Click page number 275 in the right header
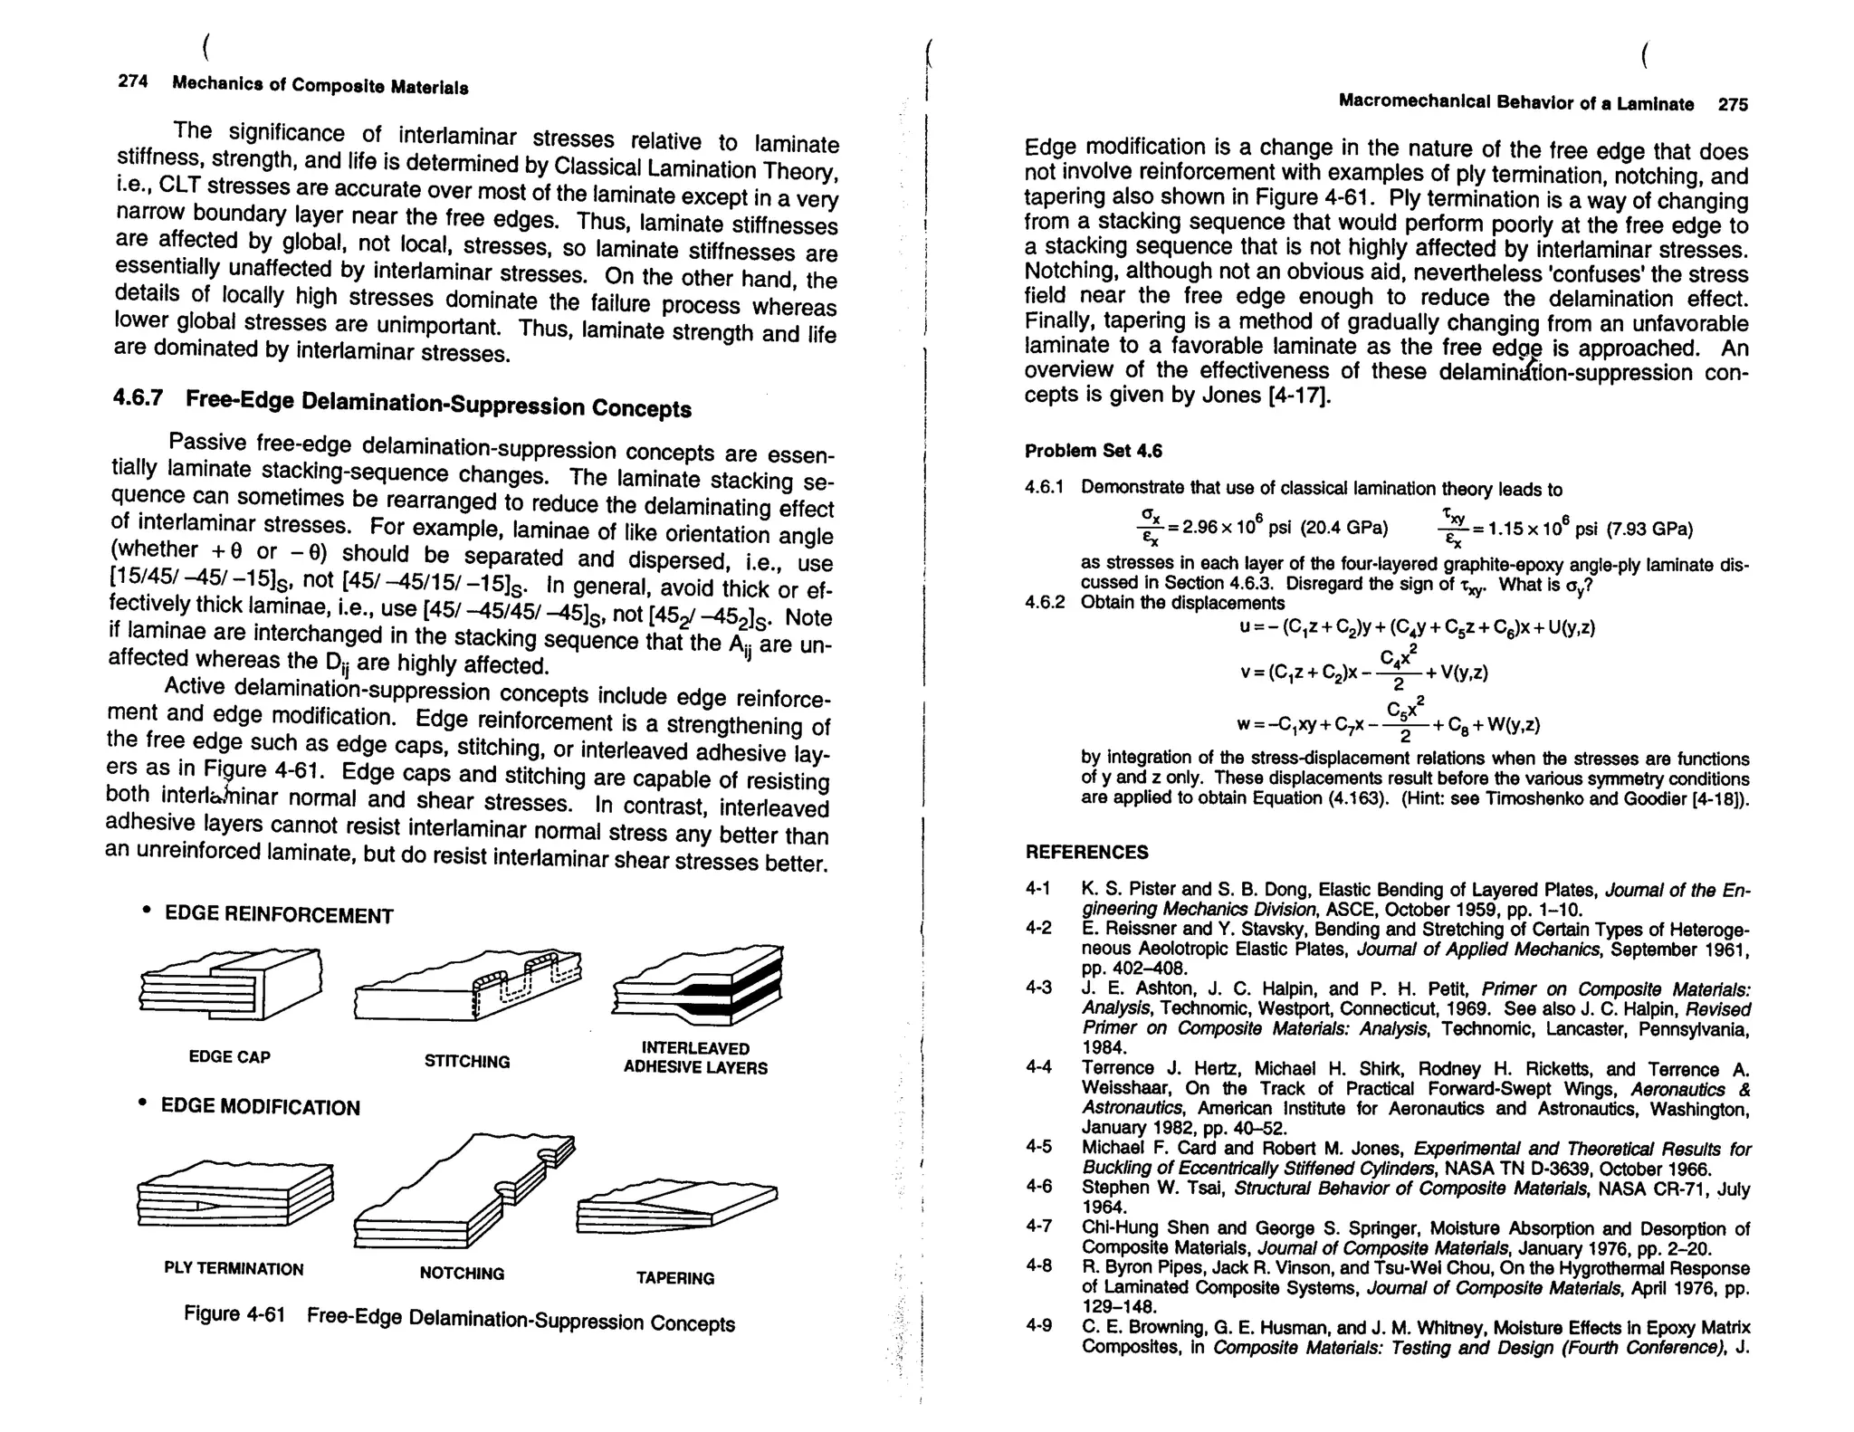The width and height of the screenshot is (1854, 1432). (1733, 104)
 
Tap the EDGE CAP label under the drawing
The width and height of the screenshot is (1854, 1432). (229, 1056)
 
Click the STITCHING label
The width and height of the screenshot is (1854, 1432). (467, 1061)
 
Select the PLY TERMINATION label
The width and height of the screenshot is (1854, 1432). (234, 1268)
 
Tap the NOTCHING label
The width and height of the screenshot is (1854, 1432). (462, 1273)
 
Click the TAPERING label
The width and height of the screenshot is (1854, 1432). (674, 1278)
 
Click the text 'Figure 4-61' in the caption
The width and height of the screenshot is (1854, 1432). (234, 1313)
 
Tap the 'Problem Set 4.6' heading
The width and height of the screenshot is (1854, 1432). (1093, 451)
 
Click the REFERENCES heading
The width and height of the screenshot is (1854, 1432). (1086, 852)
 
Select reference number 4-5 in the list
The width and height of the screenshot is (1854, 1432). (1038, 1146)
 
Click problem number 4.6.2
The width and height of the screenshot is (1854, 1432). (1045, 603)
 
